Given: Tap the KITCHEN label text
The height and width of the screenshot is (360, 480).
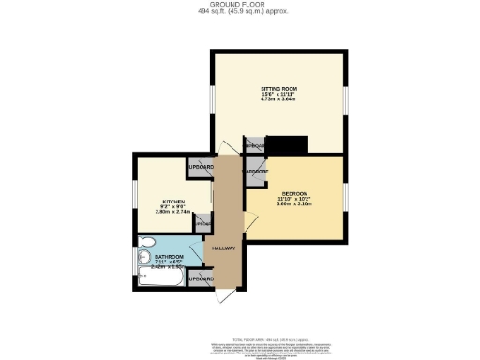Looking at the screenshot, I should pos(172,201).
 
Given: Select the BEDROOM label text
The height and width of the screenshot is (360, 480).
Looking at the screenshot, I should pos(296,194).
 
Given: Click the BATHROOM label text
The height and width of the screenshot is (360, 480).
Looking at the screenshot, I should pos(169,256).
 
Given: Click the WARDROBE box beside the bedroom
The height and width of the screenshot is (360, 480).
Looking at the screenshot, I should pos(257,172).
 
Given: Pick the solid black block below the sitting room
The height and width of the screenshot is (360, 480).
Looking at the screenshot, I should pos(288,145).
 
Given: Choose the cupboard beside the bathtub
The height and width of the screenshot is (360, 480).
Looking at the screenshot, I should pos(200,278).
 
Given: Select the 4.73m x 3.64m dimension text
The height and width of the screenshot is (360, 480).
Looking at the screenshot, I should pos(278,101).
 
